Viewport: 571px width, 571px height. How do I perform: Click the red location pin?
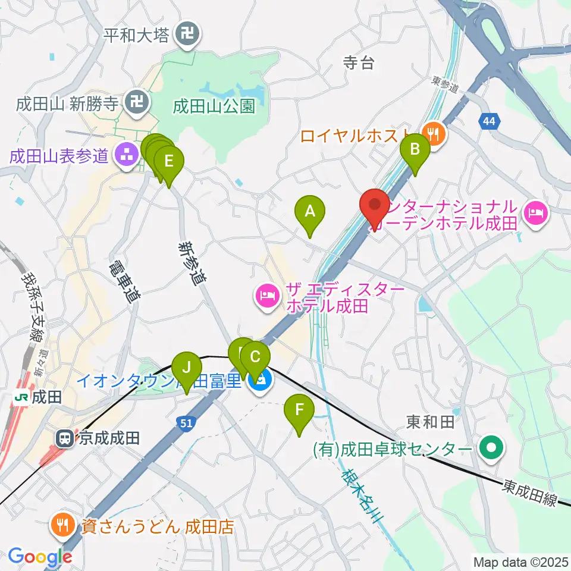[375, 207]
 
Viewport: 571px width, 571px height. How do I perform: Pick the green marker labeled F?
[299, 411]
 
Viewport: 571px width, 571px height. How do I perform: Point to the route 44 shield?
[488, 122]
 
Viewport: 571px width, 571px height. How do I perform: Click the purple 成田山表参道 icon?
[125, 156]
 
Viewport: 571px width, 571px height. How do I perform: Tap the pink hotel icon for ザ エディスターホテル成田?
[268, 296]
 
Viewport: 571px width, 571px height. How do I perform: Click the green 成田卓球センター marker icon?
[491, 448]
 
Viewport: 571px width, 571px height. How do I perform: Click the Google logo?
[40, 557]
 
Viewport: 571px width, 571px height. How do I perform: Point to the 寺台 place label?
[359, 62]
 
